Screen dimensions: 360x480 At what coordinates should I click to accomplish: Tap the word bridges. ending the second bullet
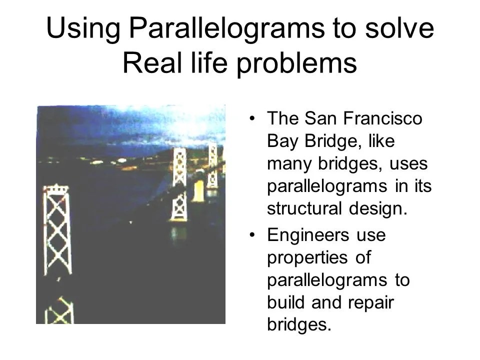pos(299,325)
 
